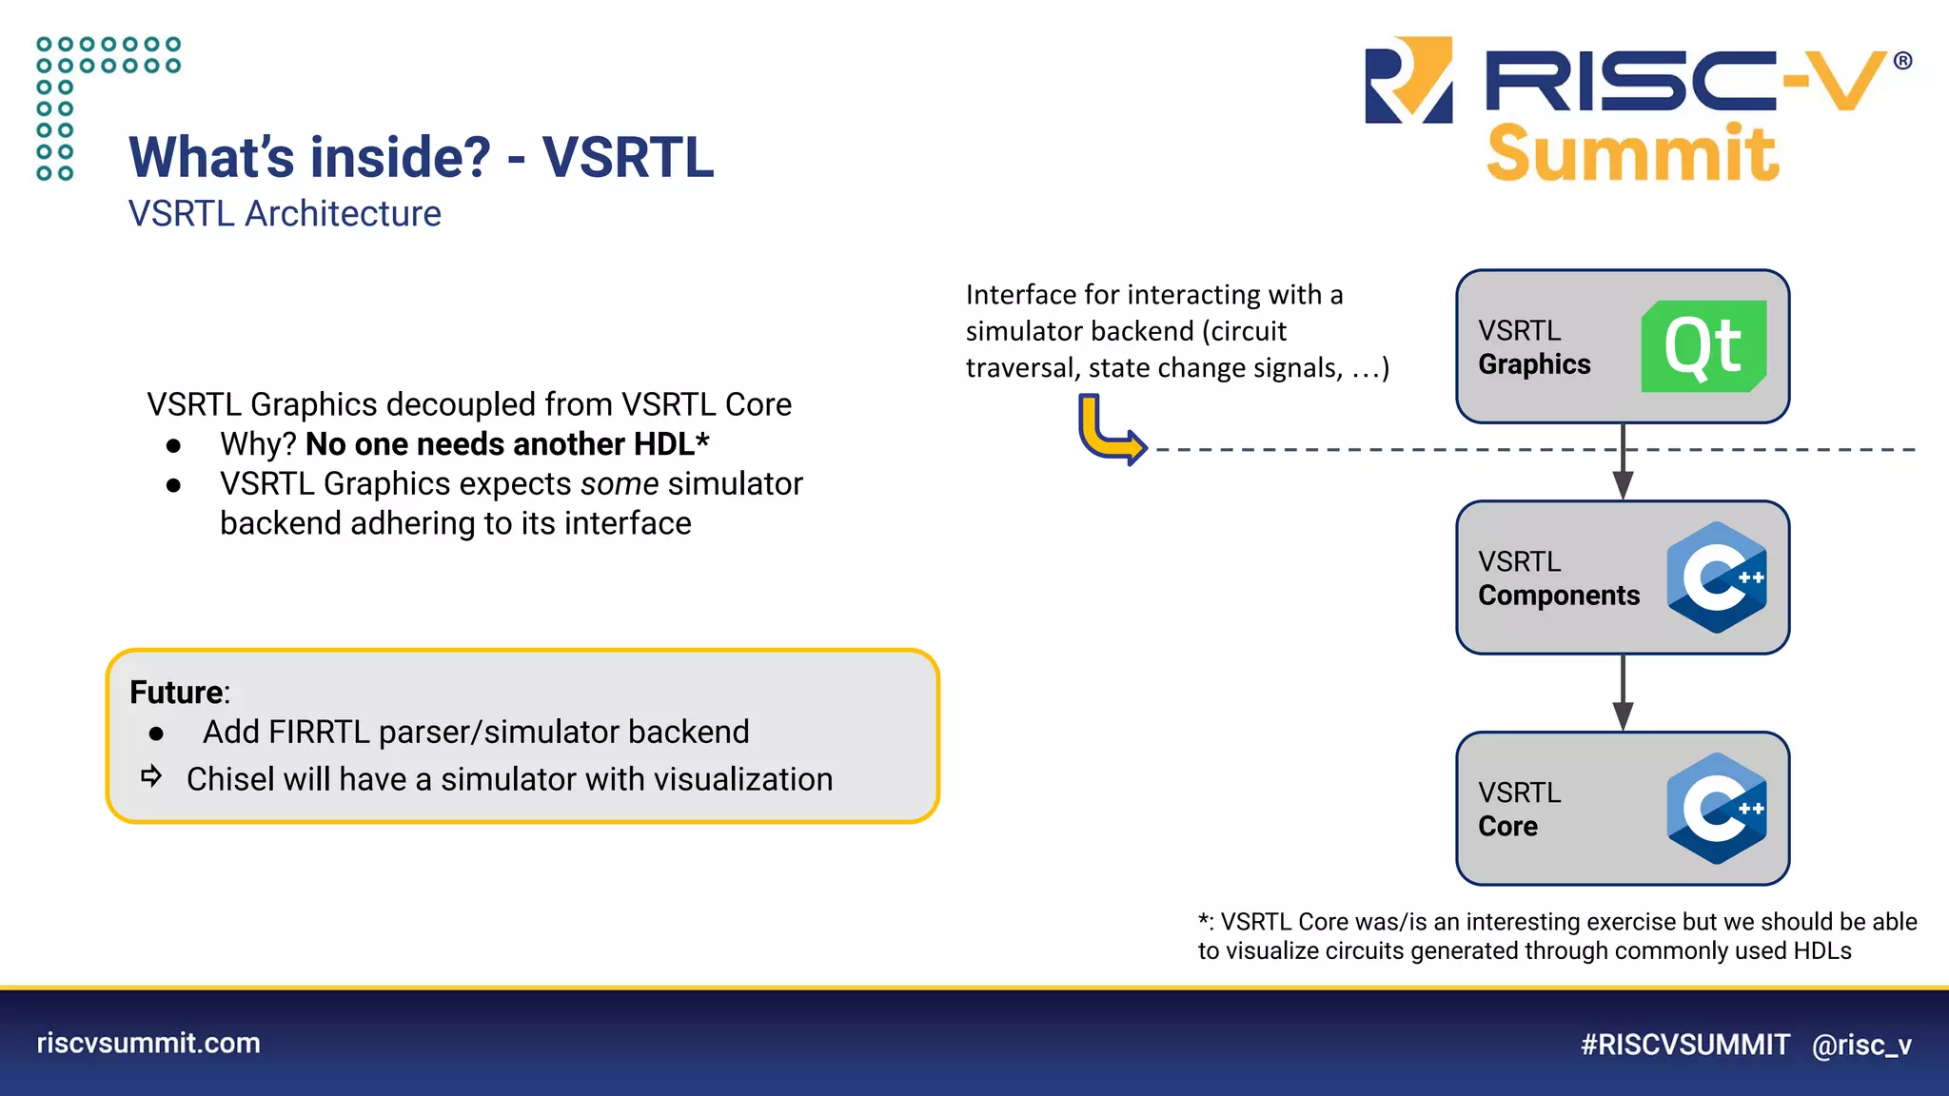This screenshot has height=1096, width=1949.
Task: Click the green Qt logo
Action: click(x=1703, y=346)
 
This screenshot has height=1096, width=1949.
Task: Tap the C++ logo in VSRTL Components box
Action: click(x=1716, y=577)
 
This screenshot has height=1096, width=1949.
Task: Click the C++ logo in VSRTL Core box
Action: click(x=1716, y=809)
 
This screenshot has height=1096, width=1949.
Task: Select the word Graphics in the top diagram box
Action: click(x=1534, y=364)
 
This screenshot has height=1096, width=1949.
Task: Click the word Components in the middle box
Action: click(x=1558, y=596)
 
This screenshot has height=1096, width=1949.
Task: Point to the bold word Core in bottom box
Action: click(x=1507, y=827)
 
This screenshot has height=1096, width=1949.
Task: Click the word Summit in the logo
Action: click(x=1631, y=154)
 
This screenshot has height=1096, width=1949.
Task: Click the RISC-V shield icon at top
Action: click(x=1408, y=80)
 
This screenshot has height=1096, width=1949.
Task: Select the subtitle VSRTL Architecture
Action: click(x=285, y=214)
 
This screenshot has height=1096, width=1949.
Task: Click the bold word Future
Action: click(x=176, y=693)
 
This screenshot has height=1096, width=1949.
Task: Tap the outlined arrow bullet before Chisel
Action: click(x=151, y=776)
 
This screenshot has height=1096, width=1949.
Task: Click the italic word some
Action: click(x=620, y=484)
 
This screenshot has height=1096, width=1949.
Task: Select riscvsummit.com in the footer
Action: click(x=148, y=1043)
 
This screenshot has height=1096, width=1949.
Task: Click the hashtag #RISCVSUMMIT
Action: click(x=1684, y=1045)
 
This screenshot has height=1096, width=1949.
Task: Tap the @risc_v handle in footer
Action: click(x=1861, y=1045)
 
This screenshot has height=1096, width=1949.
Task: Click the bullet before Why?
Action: click(x=173, y=445)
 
